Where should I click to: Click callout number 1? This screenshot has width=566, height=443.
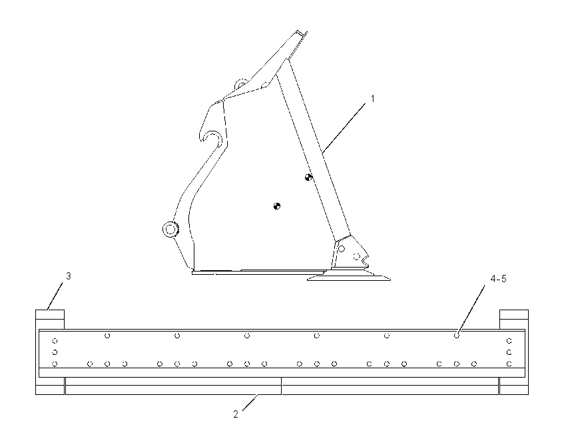coord(373,99)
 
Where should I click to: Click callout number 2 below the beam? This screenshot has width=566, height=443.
coord(236,414)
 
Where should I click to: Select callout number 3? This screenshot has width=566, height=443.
coord(68,276)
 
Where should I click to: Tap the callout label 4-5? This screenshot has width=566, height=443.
coord(498,278)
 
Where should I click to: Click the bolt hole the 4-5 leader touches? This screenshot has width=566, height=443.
coord(457,336)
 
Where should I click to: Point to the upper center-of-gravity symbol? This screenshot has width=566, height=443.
coord(308,177)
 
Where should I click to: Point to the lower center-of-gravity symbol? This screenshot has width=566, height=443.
coord(277,206)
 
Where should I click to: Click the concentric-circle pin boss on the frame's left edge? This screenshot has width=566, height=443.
coord(170,230)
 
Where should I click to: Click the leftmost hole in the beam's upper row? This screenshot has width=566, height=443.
coord(107,336)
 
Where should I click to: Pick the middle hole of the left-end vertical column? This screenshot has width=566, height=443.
coord(55,352)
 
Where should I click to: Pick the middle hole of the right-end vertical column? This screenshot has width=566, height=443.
coord(509,352)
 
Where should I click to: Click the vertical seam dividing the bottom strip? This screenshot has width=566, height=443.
coord(282,386)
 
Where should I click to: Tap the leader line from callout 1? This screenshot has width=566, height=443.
coord(344,127)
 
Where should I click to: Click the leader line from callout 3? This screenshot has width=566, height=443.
coord(55,296)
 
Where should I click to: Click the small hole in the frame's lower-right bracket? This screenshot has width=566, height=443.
coord(341,249)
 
